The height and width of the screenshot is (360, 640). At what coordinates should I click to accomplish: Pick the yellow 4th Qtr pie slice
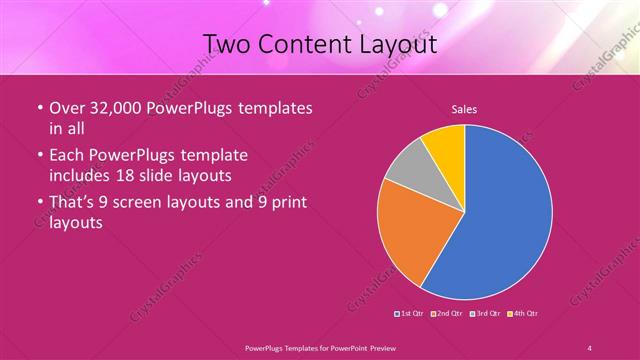point(444,148)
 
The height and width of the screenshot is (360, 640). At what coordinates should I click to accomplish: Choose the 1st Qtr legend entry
point(411,314)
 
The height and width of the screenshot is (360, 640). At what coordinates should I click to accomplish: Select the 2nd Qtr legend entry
point(446,314)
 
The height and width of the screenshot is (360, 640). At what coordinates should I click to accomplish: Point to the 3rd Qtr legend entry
point(484,314)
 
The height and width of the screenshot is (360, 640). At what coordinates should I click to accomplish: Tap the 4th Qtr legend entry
point(523,314)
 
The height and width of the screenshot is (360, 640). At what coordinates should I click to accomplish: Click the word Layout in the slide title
point(397,43)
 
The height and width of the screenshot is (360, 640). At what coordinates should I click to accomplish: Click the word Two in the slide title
point(228,43)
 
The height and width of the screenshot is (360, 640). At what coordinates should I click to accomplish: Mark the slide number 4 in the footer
point(589,347)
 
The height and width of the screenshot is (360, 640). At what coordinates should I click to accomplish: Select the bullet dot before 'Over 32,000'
point(38,109)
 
